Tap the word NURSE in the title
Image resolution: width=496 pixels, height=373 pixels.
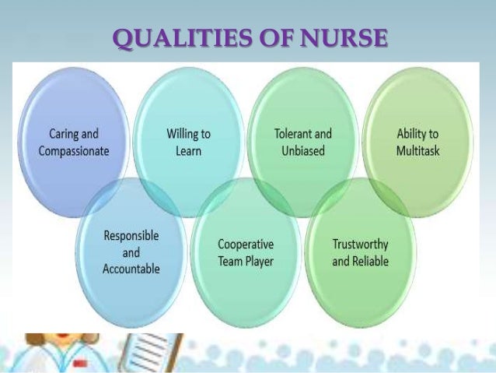coord(344,37)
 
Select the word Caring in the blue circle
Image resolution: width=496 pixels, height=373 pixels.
coord(58,135)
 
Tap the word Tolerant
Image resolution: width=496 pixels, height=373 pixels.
coord(292,135)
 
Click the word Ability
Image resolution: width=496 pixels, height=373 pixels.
coord(408,135)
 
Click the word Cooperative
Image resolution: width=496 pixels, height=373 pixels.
coord(246,245)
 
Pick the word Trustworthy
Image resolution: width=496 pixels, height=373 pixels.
coord(361,245)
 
